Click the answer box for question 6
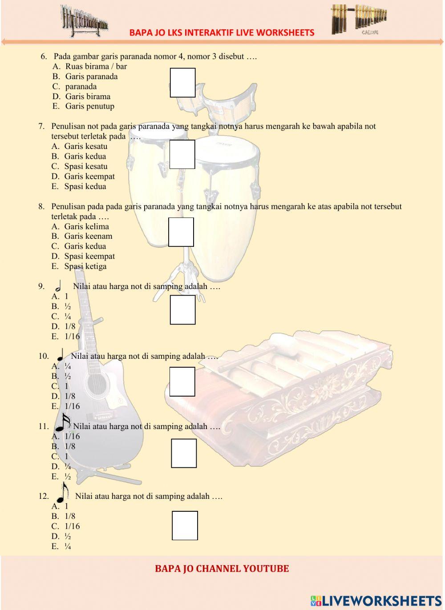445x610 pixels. pyautogui.click(x=182, y=83)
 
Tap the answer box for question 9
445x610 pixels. pyautogui.click(x=182, y=310)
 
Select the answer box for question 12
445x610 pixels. pyautogui.click(x=185, y=526)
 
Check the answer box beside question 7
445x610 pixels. pyautogui.click(x=182, y=154)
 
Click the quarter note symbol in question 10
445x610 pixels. pyautogui.click(x=60, y=355)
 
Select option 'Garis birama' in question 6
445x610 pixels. pyautogui.click(x=87, y=96)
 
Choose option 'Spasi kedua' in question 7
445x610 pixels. pyautogui.click(x=85, y=186)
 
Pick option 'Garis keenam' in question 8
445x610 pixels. pyautogui.click(x=88, y=236)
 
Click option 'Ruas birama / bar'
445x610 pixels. pyautogui.click(x=96, y=67)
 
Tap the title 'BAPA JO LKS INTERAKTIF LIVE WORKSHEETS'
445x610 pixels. pyautogui.click(x=222, y=32)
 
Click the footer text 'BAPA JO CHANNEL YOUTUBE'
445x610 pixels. pyautogui.click(x=222, y=569)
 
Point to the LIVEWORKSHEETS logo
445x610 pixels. pyautogui.click(x=376, y=601)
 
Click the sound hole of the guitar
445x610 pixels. pyautogui.click(x=97, y=383)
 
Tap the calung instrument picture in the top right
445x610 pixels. pyautogui.click(x=358, y=19)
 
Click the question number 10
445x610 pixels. pyautogui.click(x=44, y=356)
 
